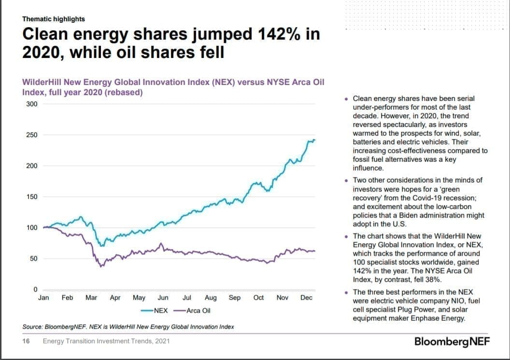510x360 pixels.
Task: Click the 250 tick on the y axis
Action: coord(31,135)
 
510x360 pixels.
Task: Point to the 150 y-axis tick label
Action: coord(31,197)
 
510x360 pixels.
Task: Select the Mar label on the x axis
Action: coord(91,298)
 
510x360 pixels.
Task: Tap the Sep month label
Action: coord(235,298)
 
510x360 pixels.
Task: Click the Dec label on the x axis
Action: coord(306,298)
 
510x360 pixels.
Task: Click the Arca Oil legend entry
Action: coord(198,310)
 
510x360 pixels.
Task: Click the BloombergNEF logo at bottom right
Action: coord(452,341)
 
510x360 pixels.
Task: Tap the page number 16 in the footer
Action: coord(26,341)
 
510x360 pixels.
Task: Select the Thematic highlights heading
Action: coord(54,19)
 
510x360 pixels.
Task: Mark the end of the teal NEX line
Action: coord(314,140)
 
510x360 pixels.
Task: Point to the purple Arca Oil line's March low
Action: coord(101,266)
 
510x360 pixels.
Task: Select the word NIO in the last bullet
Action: coord(451,301)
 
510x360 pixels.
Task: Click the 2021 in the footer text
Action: coord(162,341)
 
